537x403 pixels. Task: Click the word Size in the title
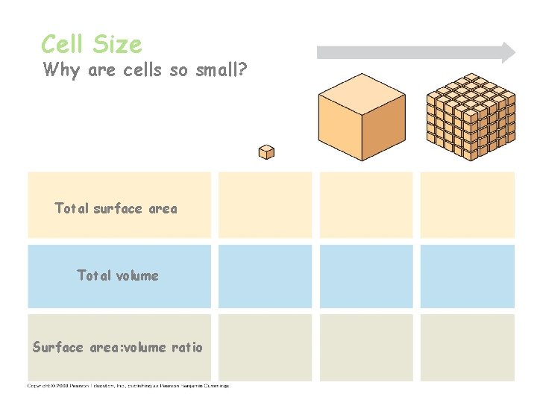pyautogui.click(x=117, y=44)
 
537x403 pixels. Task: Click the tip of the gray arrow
pyautogui.click(x=513, y=52)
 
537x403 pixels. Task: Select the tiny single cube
pyautogui.click(x=266, y=152)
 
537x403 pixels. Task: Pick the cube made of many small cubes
pyautogui.click(x=470, y=117)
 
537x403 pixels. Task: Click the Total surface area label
pyautogui.click(x=116, y=208)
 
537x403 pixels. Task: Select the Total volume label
pyautogui.click(x=118, y=275)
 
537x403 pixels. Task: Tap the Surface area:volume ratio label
pyautogui.click(x=118, y=347)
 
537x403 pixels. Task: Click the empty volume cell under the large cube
pyautogui.click(x=365, y=276)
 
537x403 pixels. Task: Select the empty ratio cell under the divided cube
pyautogui.click(x=467, y=347)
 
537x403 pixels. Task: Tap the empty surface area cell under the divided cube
pyautogui.click(x=467, y=205)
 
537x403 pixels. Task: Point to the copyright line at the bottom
pyautogui.click(x=128, y=386)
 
